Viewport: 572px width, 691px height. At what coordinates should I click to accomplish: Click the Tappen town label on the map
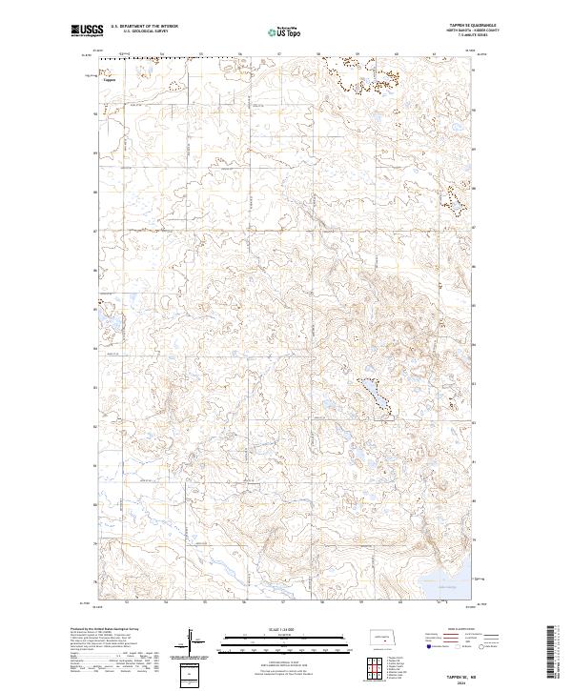(x=110, y=80)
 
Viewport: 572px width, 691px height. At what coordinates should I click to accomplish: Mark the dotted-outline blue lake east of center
(x=374, y=394)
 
